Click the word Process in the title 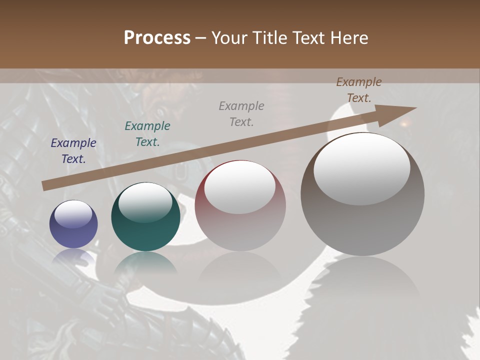tap(157, 38)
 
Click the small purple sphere tap(73, 224)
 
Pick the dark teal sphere tap(145, 217)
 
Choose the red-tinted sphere tap(240, 205)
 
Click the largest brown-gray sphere tap(362, 194)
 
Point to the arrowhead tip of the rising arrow tap(415, 108)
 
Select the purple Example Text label tap(73, 151)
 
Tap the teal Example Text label tap(147, 134)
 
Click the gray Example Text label tap(241, 113)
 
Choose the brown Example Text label tap(359, 90)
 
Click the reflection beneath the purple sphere tap(73, 258)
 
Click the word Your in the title tap(227, 38)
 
